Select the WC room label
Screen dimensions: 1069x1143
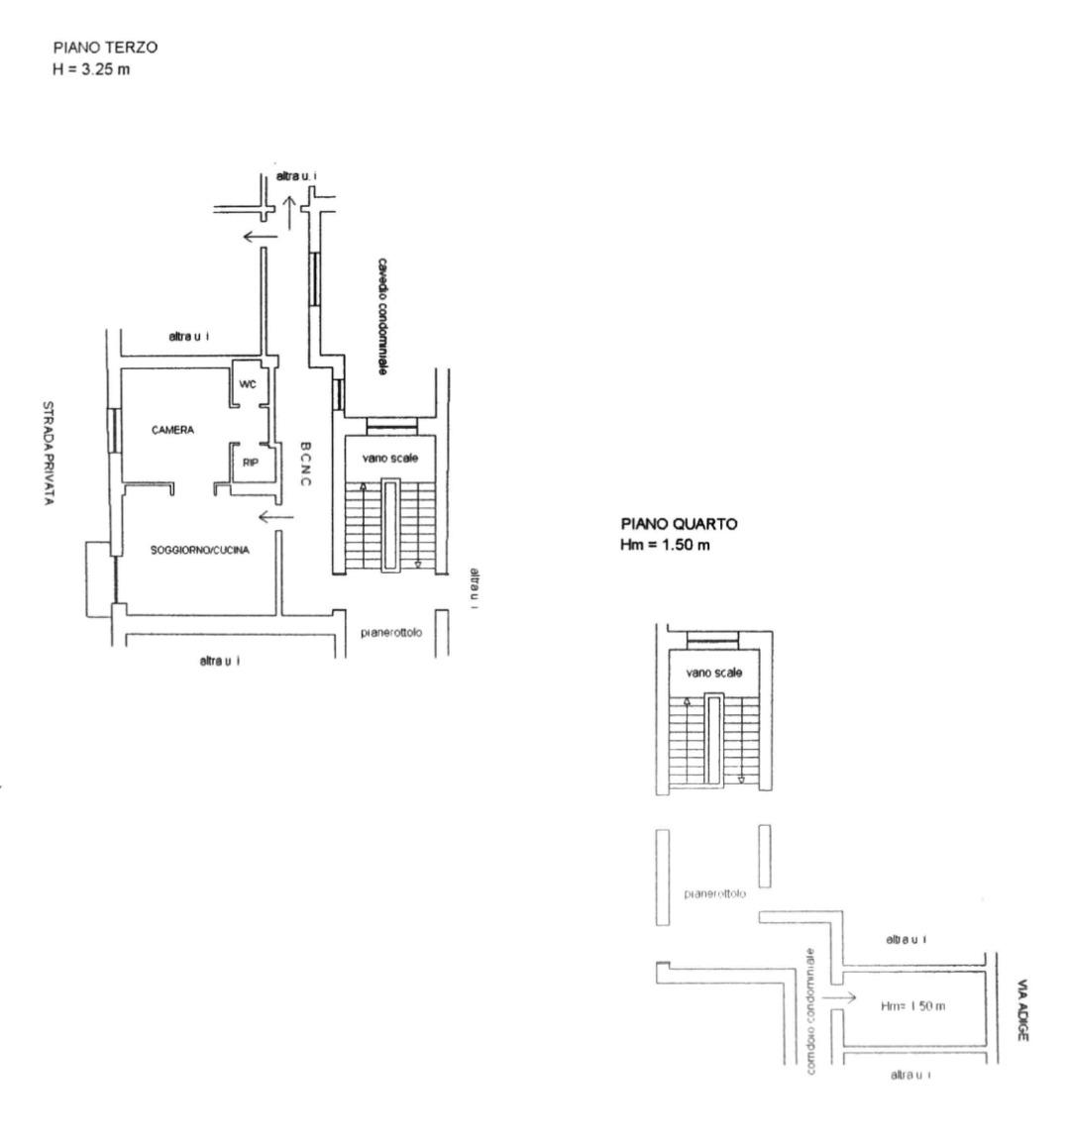[248, 384]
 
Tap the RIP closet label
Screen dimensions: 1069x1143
[251, 461]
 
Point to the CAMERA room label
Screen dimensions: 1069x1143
[172, 430]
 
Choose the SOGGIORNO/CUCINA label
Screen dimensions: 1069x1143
[199, 550]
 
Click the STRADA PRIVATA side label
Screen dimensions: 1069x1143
[46, 454]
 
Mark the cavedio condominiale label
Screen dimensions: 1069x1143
[380, 316]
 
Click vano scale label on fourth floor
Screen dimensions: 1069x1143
[714, 673]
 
